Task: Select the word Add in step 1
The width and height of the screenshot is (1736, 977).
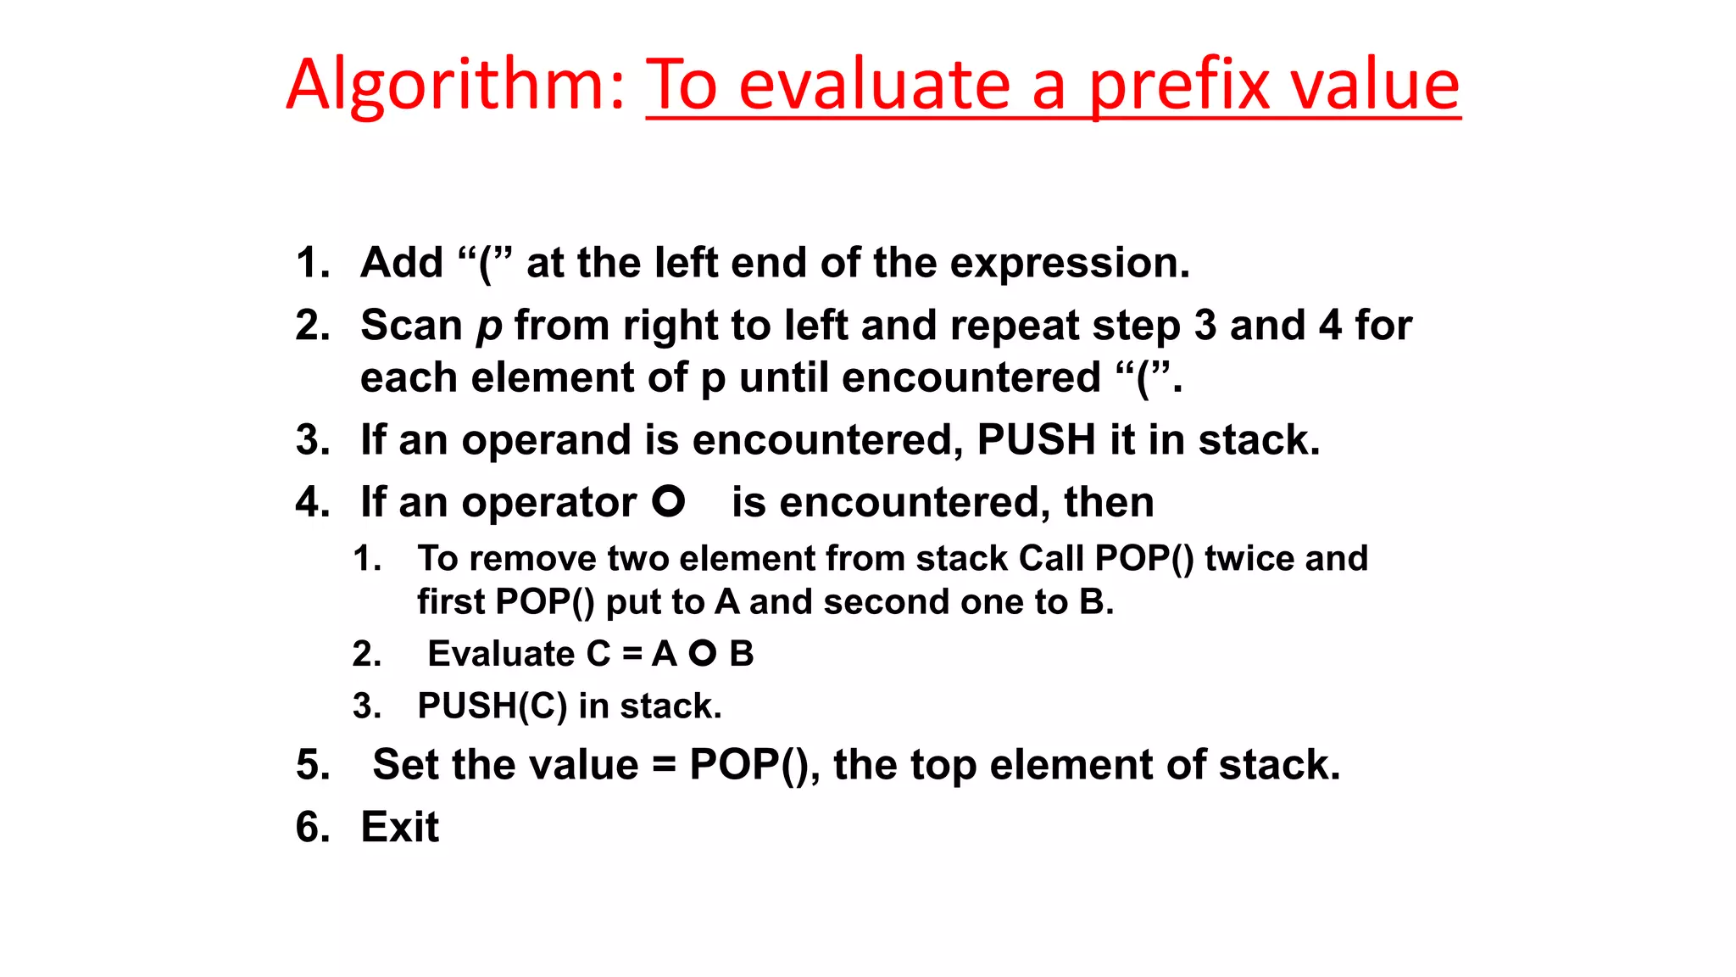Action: (x=402, y=263)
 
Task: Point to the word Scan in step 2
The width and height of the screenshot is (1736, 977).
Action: (x=411, y=326)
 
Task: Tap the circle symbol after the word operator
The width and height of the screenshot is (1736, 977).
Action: (x=668, y=501)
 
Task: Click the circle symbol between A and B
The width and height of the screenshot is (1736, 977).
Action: (x=703, y=653)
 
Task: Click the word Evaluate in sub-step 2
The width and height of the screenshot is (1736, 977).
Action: (x=501, y=654)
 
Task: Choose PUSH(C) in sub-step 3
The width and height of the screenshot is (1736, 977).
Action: (x=492, y=706)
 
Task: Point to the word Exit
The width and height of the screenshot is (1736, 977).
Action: (x=400, y=827)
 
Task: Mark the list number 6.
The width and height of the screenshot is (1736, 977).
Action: (x=310, y=827)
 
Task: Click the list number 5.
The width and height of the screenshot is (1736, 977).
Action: (x=310, y=765)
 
